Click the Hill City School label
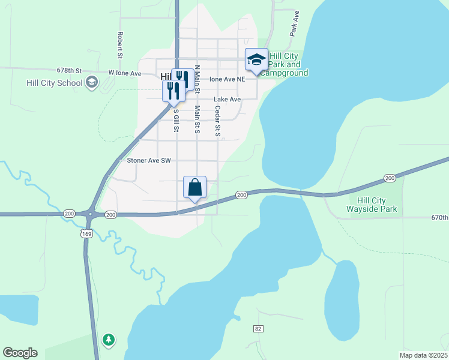[x=54, y=83]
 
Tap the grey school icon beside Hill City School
[x=92, y=82]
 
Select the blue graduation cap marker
[x=256, y=60]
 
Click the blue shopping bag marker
[x=194, y=188]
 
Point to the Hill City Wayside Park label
[x=372, y=205]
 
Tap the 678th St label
[x=69, y=70]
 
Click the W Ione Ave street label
[x=124, y=73]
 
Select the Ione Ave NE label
[x=227, y=79]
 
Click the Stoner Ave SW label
[x=149, y=161]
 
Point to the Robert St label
[x=120, y=45]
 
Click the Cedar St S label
[x=217, y=121]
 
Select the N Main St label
[x=197, y=77]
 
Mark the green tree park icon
[x=108, y=340]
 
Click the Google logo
[x=20, y=353]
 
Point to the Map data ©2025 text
[x=424, y=355]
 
